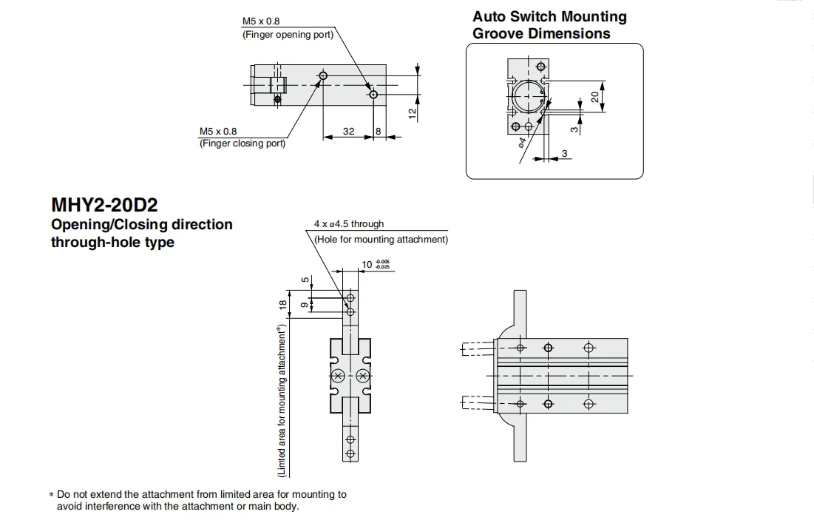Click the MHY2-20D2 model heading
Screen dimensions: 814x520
(104, 205)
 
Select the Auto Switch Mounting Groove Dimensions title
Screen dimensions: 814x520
(549, 25)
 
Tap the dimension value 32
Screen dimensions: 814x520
(349, 132)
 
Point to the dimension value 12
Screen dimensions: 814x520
(413, 113)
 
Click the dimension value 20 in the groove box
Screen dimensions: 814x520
(595, 97)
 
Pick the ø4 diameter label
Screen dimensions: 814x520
(522, 142)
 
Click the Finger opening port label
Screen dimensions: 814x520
(288, 35)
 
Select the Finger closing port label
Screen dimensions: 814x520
(242, 143)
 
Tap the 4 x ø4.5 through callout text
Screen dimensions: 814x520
(349, 224)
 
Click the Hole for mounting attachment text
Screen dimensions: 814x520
(381, 240)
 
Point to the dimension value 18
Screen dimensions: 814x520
(282, 305)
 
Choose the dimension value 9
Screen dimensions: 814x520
(304, 305)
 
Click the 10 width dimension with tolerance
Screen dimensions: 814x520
(376, 264)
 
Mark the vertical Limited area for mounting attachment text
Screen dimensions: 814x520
(282, 400)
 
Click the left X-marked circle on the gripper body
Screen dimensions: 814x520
(338, 376)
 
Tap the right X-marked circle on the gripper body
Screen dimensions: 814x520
(363, 376)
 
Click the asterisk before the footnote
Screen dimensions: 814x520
(52, 495)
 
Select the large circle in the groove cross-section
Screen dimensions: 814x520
(527, 97)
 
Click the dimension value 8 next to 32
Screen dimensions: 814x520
(378, 132)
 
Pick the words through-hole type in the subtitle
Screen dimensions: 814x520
(112, 243)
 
